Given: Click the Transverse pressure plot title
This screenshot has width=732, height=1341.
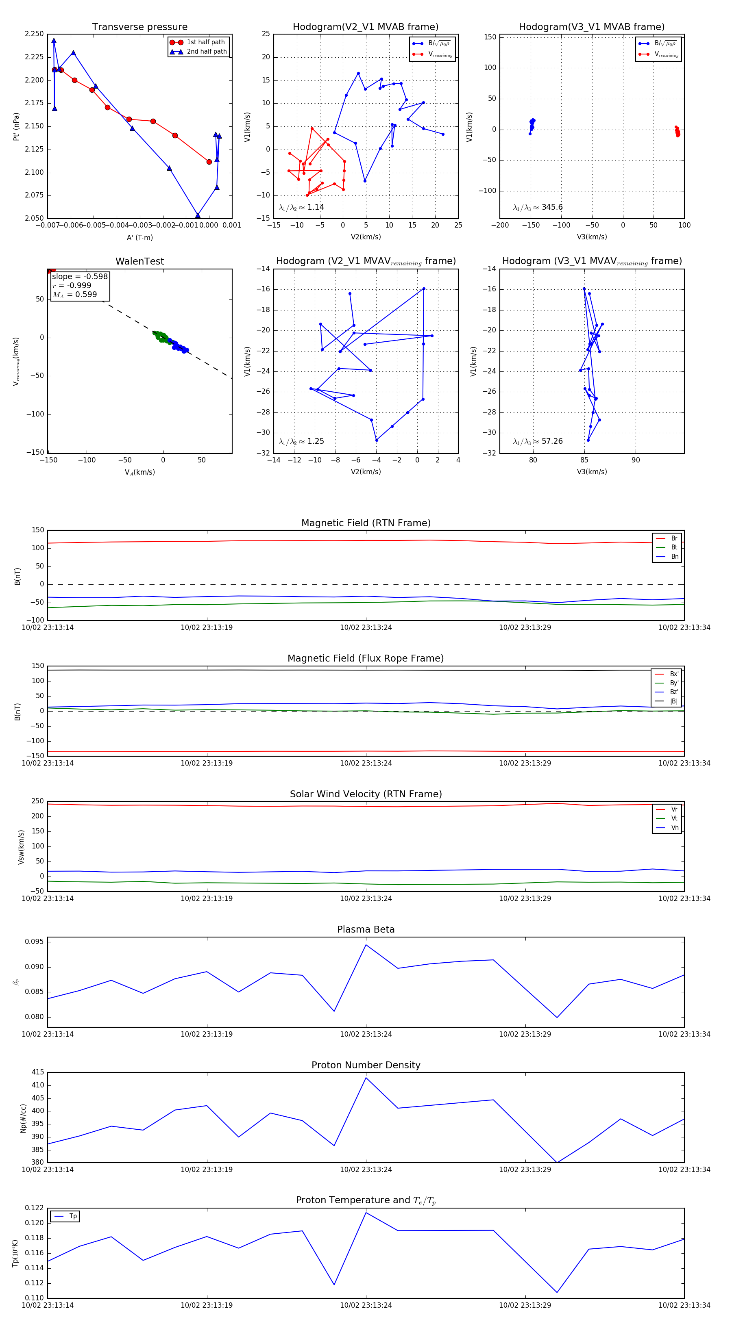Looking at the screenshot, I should tap(139, 27).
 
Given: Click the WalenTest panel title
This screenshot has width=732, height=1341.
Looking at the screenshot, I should tap(139, 261).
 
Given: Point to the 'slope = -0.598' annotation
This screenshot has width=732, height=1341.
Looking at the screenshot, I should tap(80, 276).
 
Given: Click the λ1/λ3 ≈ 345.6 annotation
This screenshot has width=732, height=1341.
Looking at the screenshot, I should tap(538, 207).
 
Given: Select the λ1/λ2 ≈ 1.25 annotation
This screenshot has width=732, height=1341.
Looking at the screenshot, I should tap(301, 441).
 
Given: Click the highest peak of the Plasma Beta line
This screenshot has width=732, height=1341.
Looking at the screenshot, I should tap(366, 945).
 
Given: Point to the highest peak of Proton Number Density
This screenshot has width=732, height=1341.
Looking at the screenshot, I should tap(366, 1078).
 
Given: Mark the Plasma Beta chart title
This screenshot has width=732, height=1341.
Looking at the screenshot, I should tap(366, 930).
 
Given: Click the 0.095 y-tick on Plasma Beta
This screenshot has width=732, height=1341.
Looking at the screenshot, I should tap(35, 942).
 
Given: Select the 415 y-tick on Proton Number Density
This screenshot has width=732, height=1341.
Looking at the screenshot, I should tap(37, 1072).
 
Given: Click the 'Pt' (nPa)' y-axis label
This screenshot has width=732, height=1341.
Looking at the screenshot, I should tap(17, 126).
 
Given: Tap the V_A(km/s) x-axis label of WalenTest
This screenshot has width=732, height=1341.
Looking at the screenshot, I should tap(139, 472).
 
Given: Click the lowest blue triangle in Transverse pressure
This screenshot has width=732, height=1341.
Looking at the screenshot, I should tap(198, 215).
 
